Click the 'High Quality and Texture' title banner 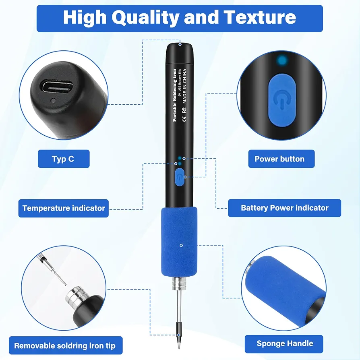pos(180,19)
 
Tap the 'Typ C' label pos(64,159)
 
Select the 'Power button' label pos(281,159)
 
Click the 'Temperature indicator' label pos(63,208)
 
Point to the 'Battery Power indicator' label pos(284,208)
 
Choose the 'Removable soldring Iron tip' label pos(66,346)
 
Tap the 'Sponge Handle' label pos(284,344)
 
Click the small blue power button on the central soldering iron pos(180,177)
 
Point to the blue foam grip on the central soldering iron pos(179,242)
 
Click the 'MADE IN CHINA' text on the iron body pos(185,87)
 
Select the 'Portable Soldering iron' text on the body pos(175,95)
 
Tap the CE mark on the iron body pos(184,119)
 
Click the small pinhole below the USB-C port pos(53,101)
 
